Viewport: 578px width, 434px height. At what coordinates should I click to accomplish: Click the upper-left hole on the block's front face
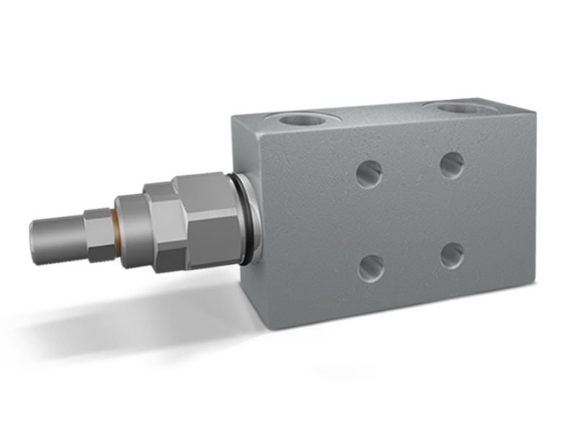tap(368, 173)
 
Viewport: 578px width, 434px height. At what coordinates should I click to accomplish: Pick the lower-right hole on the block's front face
tap(452, 254)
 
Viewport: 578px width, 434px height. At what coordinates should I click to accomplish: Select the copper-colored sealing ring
tap(115, 231)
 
